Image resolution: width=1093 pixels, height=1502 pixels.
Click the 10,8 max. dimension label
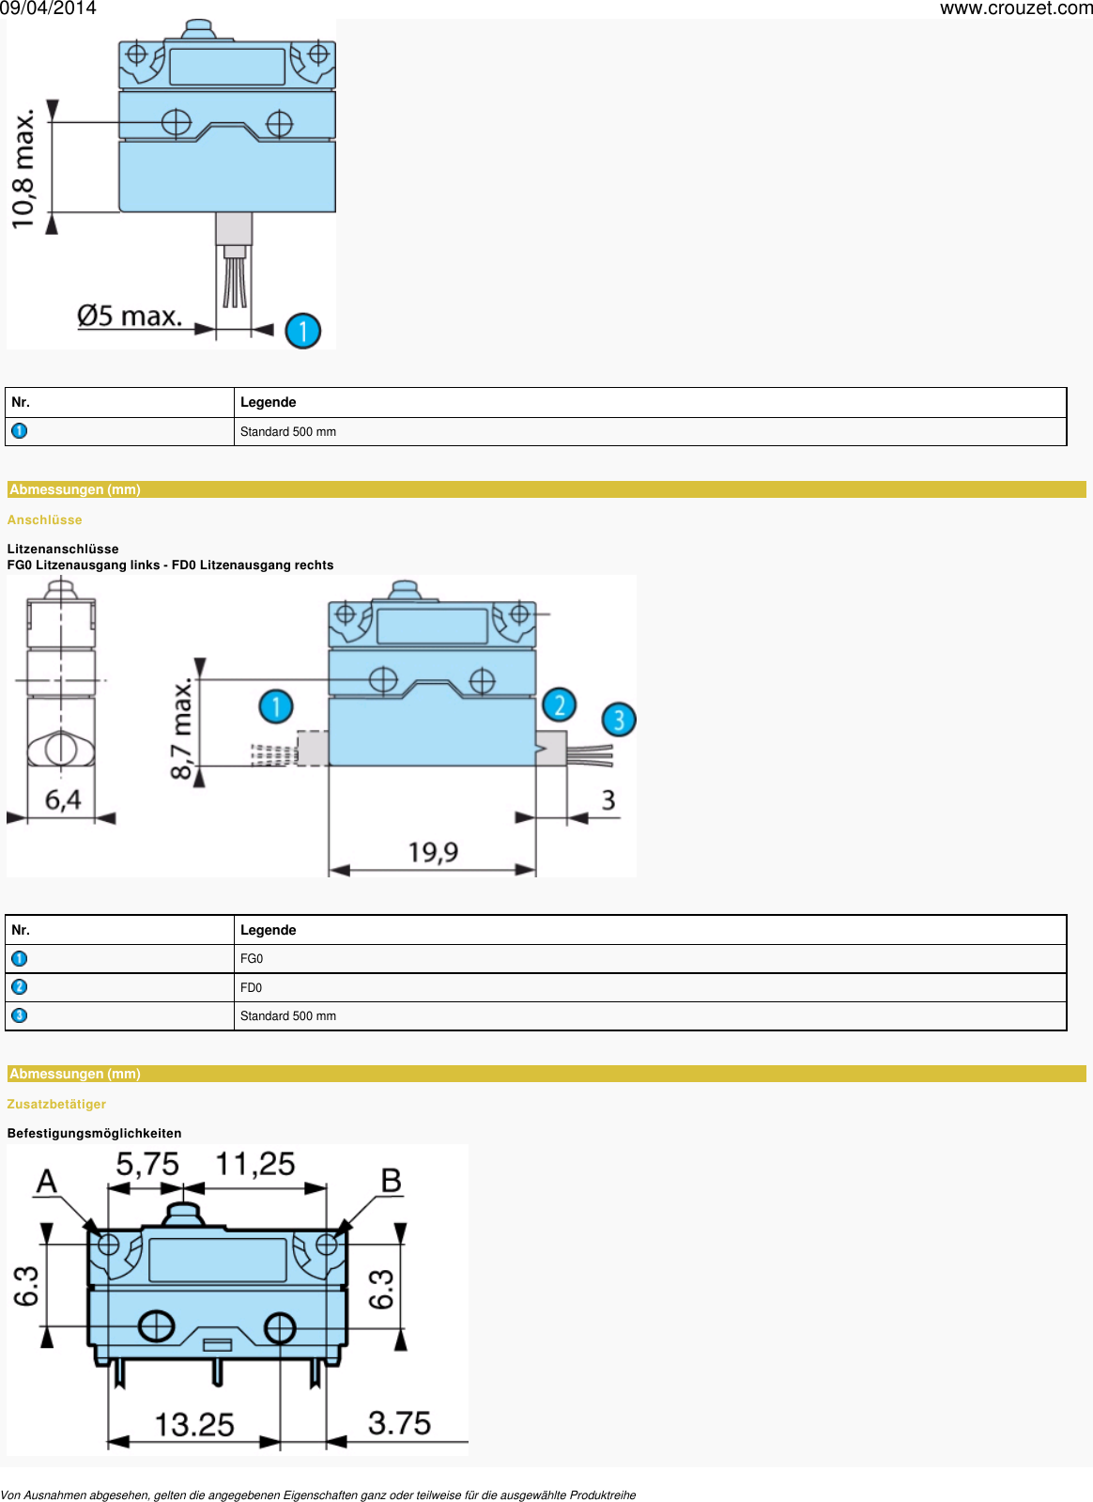coord(23,169)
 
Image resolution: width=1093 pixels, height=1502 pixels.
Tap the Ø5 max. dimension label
coord(130,317)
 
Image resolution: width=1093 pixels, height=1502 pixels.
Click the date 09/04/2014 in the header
coord(48,8)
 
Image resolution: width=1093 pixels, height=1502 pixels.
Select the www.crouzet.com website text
coord(1016,8)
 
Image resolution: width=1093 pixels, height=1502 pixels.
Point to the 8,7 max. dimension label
coord(181,729)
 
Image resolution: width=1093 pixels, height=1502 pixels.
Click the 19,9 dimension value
coord(433,853)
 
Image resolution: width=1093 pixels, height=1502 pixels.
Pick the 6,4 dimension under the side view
coord(63,800)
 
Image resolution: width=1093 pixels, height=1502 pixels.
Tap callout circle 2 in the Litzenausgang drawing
coord(560,705)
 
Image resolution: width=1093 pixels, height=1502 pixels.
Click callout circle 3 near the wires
coord(619,720)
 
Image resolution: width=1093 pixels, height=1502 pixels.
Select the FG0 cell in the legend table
coord(252,959)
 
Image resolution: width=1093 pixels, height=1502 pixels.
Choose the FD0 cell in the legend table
coord(251,988)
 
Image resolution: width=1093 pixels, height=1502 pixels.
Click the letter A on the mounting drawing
coord(46,1182)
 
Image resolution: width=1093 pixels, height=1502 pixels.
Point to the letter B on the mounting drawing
coord(392,1182)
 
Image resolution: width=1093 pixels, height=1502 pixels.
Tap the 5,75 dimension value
coord(147,1165)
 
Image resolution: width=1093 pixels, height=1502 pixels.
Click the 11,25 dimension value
coord(255,1165)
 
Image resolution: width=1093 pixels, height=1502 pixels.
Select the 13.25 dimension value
coord(194,1425)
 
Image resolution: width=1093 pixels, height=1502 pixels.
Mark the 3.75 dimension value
coord(399,1423)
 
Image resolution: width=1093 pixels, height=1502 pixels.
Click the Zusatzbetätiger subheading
coord(56,1105)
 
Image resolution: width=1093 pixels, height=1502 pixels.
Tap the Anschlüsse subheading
coord(45,520)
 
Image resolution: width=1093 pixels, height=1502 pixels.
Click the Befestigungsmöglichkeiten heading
coord(94,1134)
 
